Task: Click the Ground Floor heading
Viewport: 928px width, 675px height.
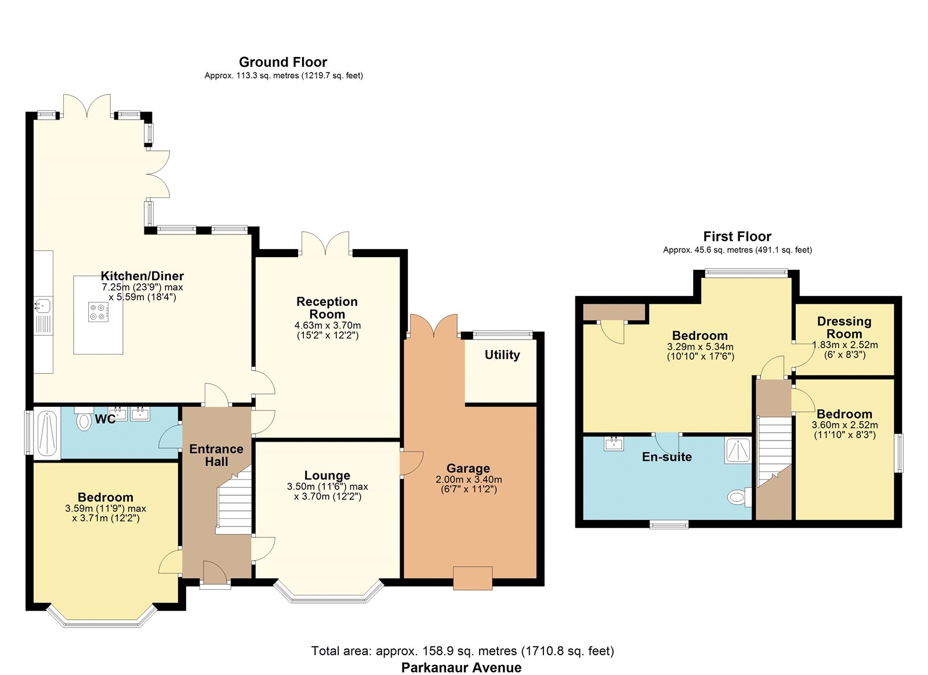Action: point(283,62)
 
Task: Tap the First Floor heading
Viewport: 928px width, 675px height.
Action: point(737,236)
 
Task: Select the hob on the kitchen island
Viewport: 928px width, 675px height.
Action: point(98,312)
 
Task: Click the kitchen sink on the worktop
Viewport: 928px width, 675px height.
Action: point(42,305)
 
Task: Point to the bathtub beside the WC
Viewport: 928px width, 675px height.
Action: point(47,433)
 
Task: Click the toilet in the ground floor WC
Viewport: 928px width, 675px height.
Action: point(84,420)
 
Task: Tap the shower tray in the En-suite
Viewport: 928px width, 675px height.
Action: point(738,450)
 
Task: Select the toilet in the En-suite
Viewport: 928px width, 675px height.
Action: point(739,497)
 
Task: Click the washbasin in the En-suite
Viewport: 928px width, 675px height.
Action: point(614,443)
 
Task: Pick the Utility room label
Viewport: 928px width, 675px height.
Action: point(502,355)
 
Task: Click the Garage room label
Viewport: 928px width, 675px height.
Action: point(468,468)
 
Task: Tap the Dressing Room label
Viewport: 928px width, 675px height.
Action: point(844,327)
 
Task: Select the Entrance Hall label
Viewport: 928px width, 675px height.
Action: point(216,455)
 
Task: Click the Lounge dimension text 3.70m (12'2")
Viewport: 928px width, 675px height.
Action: point(328,496)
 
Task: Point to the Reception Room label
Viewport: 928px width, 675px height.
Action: point(327,308)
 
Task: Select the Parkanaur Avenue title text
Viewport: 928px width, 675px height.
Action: point(462,667)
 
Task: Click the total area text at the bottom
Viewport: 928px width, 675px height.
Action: point(462,651)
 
